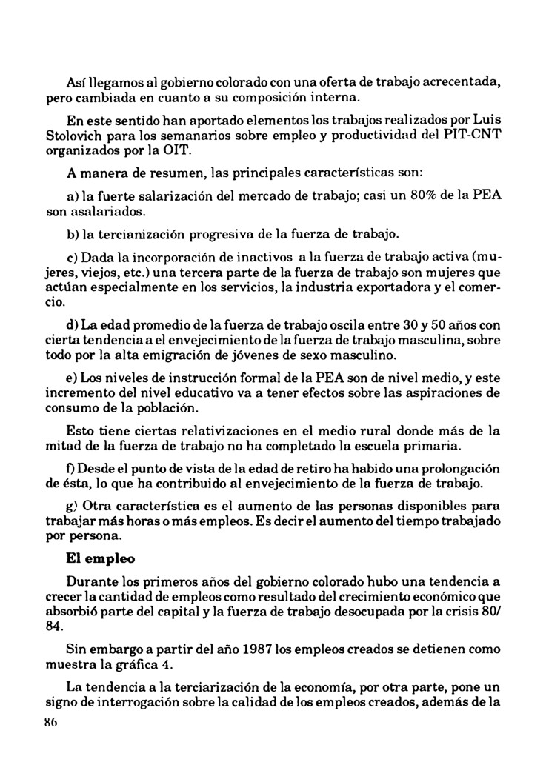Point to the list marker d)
(x=73, y=324)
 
